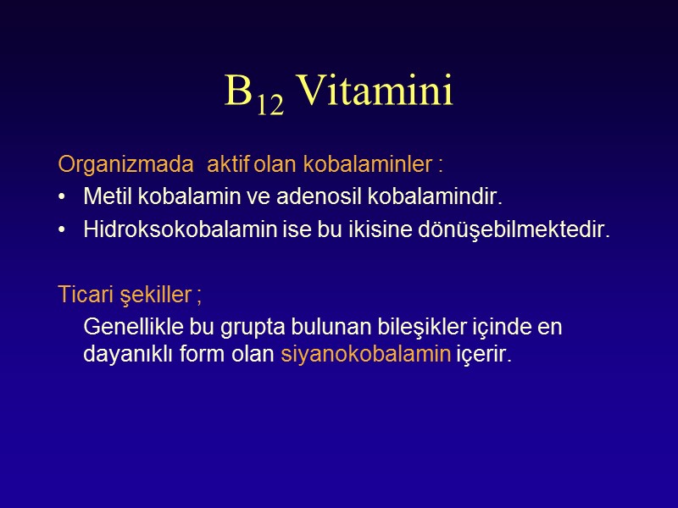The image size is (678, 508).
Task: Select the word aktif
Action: [x=230, y=163]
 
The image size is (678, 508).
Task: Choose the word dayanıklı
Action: [x=120, y=355]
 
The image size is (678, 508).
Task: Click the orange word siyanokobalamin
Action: [x=365, y=355]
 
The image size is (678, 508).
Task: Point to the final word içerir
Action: [x=484, y=355]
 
